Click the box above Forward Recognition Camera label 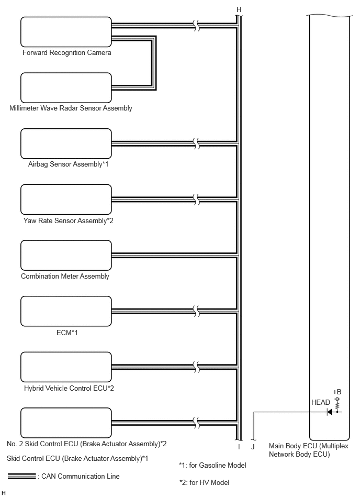click(66, 32)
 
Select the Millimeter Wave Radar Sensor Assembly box click(66, 88)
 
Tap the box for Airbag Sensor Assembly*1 click(66, 143)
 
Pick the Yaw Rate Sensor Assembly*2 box click(66, 200)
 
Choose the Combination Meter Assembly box click(66, 255)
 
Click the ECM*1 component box click(66, 311)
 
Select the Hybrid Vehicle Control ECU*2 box click(66, 367)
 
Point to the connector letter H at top click(239, 10)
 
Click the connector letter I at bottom click(239, 447)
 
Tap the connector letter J click(253, 447)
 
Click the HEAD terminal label click(320, 403)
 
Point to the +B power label click(337, 392)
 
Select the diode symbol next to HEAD click(329, 412)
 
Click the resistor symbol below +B click(337, 405)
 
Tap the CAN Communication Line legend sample click(22, 476)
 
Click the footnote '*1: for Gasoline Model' click(212, 465)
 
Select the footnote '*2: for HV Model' click(204, 482)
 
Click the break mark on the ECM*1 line click(197, 311)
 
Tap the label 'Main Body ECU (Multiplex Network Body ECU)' click(308, 450)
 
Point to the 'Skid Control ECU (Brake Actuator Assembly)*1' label click(77, 458)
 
